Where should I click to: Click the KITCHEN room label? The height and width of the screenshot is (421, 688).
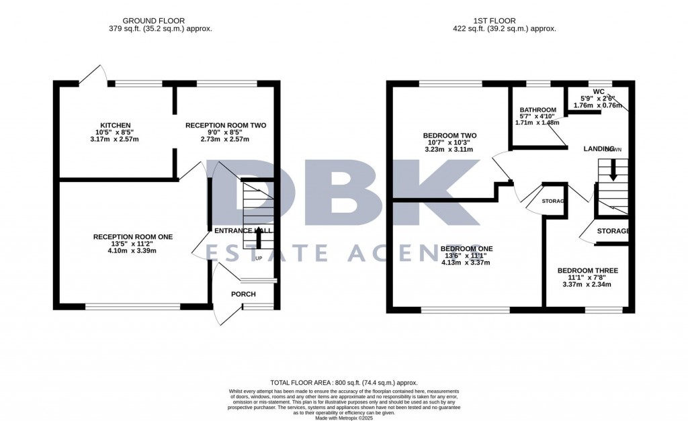coord(110,126)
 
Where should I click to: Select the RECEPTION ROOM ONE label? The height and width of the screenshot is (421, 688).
coord(133,236)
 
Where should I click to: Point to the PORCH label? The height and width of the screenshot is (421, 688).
coord(243,294)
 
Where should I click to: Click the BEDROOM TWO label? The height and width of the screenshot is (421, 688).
coord(449,136)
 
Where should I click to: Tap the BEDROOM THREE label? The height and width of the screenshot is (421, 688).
coord(587,271)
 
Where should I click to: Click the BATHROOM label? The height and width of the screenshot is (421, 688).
coord(538,110)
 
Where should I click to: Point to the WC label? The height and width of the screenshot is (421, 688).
coord(599,91)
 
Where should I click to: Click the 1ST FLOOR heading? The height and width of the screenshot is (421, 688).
coord(504,21)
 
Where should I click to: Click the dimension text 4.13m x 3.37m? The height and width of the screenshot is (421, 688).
coord(466,263)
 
